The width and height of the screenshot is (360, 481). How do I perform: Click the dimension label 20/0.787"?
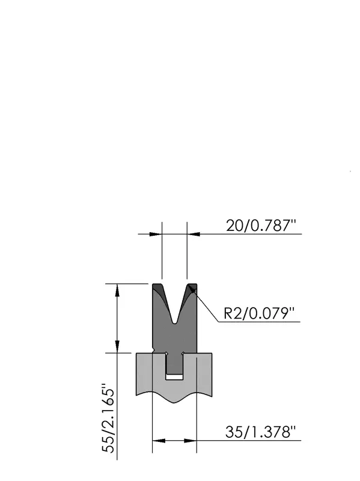261,226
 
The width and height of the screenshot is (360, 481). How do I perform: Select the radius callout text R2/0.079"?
259,313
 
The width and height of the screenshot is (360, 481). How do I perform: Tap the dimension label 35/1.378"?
260,432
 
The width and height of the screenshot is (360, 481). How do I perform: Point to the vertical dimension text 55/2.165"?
108,418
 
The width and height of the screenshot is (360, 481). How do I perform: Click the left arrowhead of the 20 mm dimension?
156,234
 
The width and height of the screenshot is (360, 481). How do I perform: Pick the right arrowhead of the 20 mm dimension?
194,234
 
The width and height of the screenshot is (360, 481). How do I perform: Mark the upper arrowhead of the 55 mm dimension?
117,290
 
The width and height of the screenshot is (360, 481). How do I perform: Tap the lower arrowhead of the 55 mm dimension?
117,346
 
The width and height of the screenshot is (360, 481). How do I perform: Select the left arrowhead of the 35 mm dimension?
159,441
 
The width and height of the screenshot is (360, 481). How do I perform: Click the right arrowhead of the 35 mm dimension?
190,441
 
